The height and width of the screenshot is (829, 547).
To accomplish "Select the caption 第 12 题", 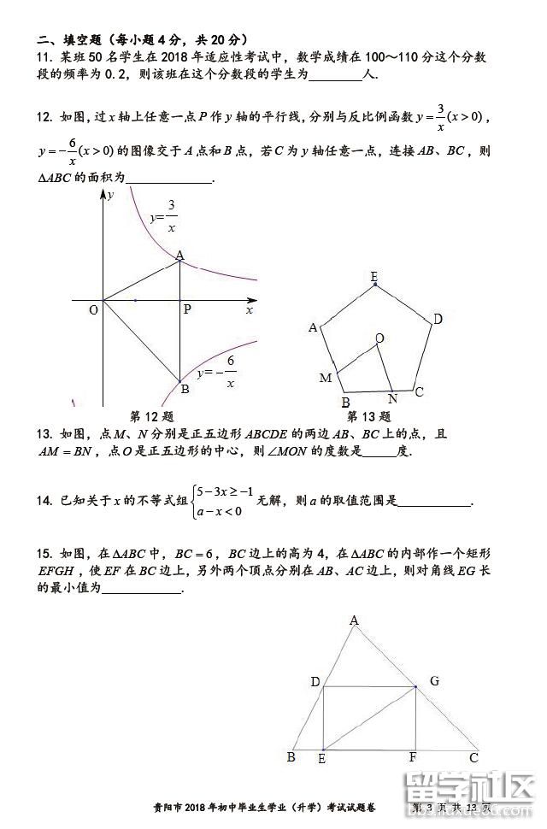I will point(151,417).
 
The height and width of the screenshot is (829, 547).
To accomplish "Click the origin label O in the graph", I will point(93,310).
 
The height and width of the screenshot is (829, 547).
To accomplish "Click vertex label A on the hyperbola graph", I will point(179,255).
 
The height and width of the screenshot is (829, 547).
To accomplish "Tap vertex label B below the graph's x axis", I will point(184,390).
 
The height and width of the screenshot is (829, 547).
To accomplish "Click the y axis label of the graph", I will point(110,195).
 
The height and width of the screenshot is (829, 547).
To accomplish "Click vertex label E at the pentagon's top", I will point(374,276).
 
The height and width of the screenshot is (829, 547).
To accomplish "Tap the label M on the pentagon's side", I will point(325,378).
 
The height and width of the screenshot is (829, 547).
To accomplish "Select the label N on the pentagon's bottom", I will point(392,398).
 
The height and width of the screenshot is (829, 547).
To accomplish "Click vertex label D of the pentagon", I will point(437,320).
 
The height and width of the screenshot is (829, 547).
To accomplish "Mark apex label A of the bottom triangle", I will point(354,620).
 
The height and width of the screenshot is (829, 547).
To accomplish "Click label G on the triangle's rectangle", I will point(434,681).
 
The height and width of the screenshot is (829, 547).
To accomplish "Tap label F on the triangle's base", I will point(413,758).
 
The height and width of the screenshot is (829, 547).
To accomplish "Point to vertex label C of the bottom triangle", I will point(473,757).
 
